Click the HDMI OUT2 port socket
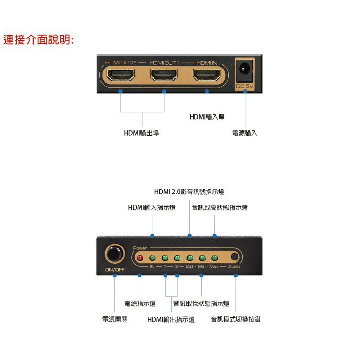(x=121, y=75)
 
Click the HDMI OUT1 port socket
(x=164, y=75)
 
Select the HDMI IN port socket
(x=207, y=75)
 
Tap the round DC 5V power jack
(x=245, y=69)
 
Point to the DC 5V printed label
(x=245, y=86)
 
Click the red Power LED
(x=140, y=258)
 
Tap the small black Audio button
(x=234, y=257)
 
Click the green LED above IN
(x=152, y=258)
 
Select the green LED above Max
(x=214, y=258)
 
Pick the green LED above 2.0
(x=190, y=258)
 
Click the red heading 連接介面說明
(x=39, y=40)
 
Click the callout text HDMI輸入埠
(x=207, y=117)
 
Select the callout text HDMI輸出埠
(x=142, y=133)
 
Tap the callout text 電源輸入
(x=245, y=133)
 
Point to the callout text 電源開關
(x=115, y=319)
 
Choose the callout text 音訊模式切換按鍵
(x=236, y=319)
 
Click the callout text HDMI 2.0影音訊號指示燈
(x=189, y=191)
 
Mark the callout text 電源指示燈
(x=140, y=303)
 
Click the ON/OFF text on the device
(x=115, y=270)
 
